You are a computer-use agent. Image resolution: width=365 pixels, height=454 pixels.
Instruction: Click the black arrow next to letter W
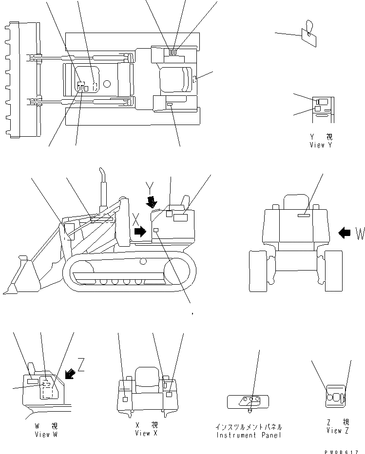pyautogui.click(x=345, y=233)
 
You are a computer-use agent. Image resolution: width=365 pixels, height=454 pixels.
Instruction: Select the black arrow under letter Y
pyautogui.click(x=153, y=202)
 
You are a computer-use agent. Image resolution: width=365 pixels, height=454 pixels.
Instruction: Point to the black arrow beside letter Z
pyautogui.click(x=70, y=373)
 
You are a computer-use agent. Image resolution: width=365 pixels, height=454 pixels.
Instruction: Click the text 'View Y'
pyautogui.click(x=320, y=145)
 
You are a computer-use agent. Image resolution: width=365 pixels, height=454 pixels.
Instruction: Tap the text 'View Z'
pyautogui.click(x=337, y=430)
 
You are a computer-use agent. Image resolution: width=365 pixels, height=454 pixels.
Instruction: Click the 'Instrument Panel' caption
pyautogui.click(x=249, y=435)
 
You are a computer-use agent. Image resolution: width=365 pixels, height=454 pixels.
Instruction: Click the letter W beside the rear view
pyautogui.click(x=360, y=234)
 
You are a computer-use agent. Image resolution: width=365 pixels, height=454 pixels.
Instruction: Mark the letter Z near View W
pyautogui.click(x=81, y=365)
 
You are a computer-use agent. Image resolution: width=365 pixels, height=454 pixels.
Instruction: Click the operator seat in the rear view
pyautogui.click(x=296, y=201)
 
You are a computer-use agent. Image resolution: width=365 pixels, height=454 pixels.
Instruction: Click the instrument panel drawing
pyautogui.click(x=248, y=401)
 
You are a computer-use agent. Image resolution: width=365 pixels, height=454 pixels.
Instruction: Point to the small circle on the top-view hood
pyautogui.click(x=107, y=84)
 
